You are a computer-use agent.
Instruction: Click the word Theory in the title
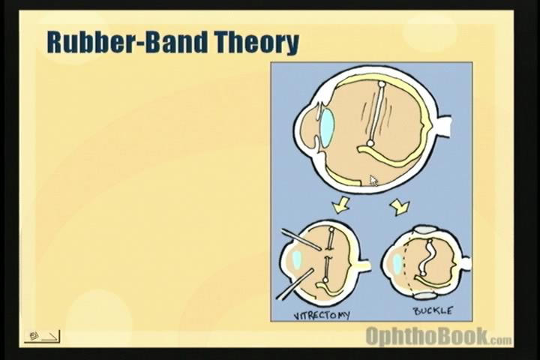pyautogui.click(x=257, y=43)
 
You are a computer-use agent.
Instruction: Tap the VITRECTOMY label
pyautogui.click(x=321, y=315)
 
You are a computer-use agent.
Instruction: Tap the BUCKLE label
pyautogui.click(x=433, y=310)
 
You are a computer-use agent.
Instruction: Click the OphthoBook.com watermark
pyautogui.click(x=439, y=336)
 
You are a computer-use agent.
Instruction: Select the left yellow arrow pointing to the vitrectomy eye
pyautogui.click(x=341, y=205)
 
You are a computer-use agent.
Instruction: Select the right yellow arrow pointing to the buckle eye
pyautogui.click(x=400, y=206)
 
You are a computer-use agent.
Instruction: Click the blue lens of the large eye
pyautogui.click(x=328, y=127)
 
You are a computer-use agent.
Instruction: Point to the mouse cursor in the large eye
pyautogui.click(x=373, y=181)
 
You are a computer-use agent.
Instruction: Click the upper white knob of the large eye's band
pyautogui.click(x=381, y=84)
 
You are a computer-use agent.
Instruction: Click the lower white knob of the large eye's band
pyautogui.click(x=370, y=142)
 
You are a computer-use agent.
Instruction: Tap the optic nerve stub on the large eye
pyautogui.click(x=444, y=126)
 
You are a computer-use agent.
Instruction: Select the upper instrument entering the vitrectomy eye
pyautogui.click(x=302, y=239)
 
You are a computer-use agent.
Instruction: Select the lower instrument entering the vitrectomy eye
pyautogui.click(x=295, y=284)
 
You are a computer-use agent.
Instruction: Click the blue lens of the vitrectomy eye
pyautogui.click(x=296, y=260)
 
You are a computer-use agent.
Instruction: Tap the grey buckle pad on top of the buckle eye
pyautogui.click(x=425, y=229)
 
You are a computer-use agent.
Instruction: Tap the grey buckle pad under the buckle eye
pyautogui.click(x=424, y=295)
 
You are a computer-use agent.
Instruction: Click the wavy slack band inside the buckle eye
pyautogui.click(x=426, y=257)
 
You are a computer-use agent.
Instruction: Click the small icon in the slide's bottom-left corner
pyautogui.click(x=42, y=336)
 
